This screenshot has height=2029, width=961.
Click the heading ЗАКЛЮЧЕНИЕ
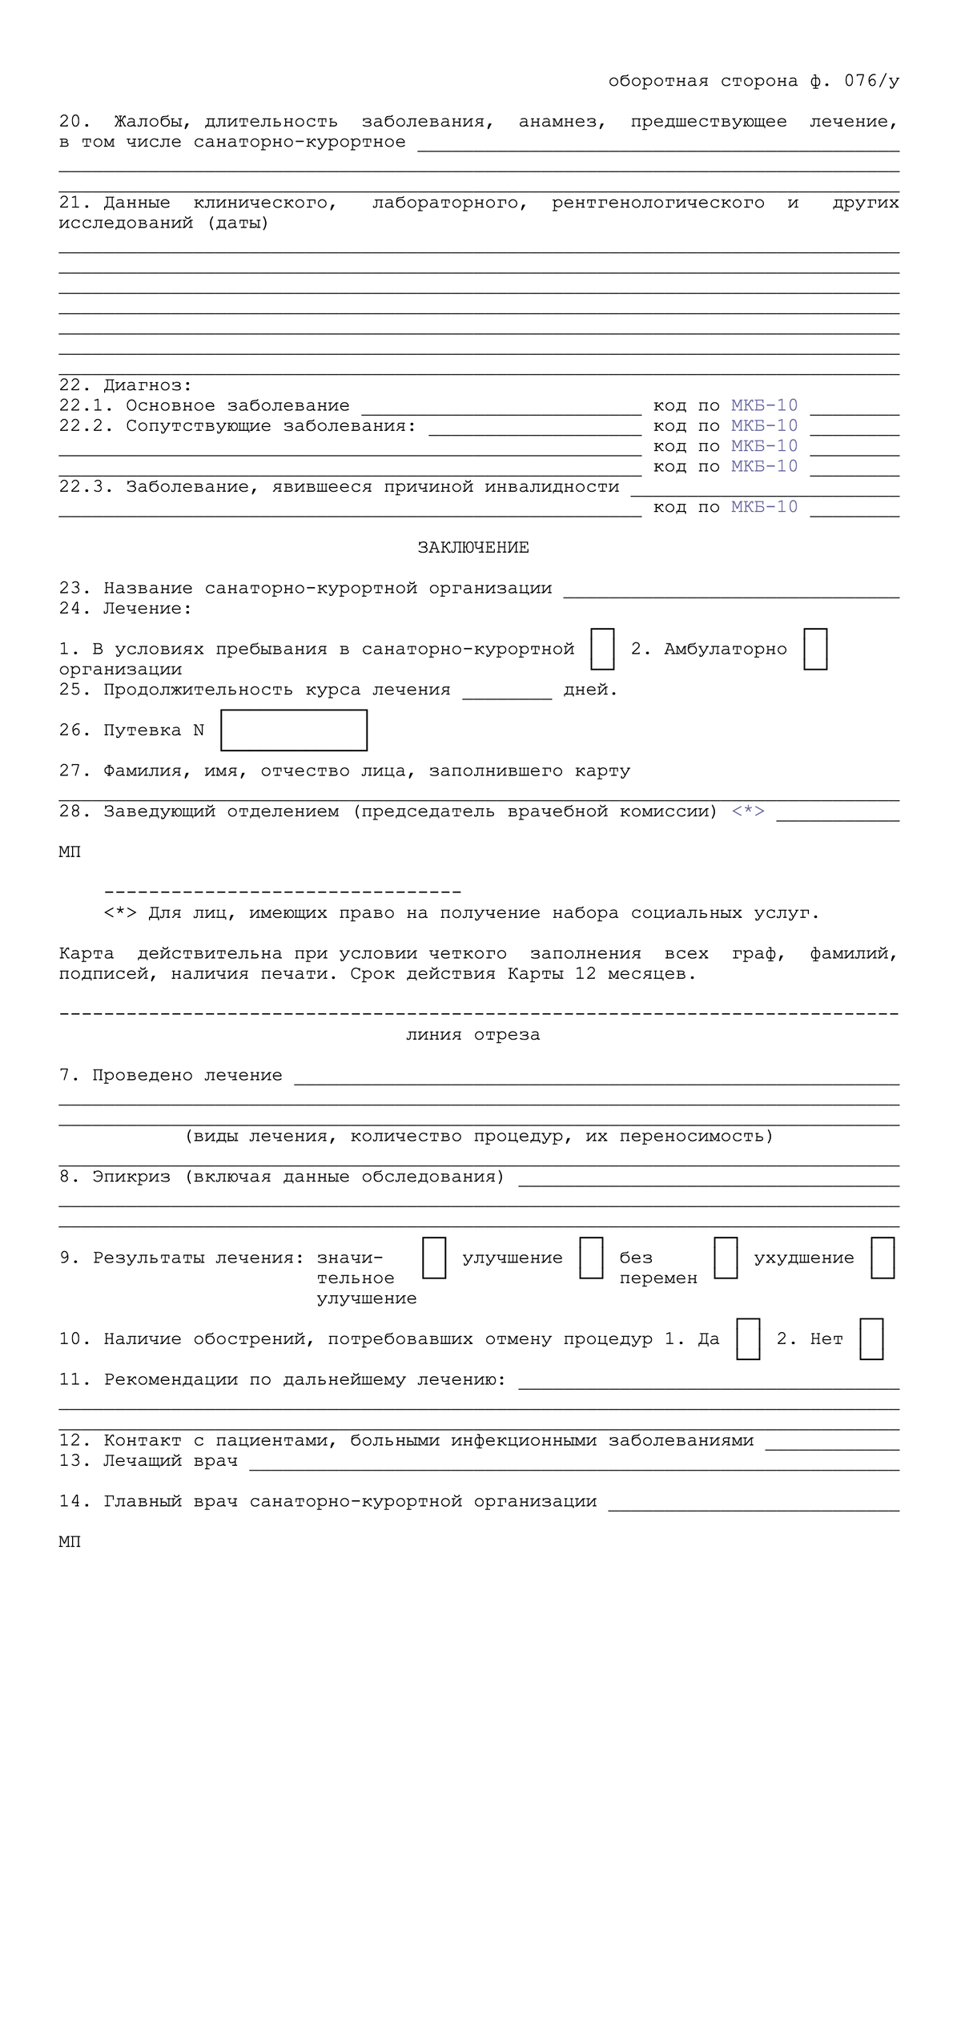(x=473, y=548)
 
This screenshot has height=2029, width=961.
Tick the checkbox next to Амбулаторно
(x=815, y=649)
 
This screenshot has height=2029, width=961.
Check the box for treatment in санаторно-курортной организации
(x=602, y=649)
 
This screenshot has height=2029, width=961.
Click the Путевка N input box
(x=294, y=730)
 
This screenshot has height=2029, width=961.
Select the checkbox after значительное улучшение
(x=434, y=1258)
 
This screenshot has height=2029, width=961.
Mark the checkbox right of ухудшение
(x=883, y=1258)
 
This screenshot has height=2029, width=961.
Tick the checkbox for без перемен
(x=726, y=1258)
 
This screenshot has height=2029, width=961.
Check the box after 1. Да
(x=748, y=1339)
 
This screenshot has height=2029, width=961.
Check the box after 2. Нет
(x=871, y=1339)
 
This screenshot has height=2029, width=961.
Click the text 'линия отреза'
(x=473, y=1035)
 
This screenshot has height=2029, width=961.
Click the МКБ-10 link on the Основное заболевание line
(x=764, y=406)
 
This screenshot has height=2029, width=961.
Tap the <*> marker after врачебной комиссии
(x=748, y=811)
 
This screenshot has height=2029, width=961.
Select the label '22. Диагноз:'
(x=126, y=386)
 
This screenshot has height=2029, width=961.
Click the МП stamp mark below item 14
(x=70, y=1542)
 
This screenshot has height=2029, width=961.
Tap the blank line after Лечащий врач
(x=573, y=1463)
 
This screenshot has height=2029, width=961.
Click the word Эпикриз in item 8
(x=131, y=1177)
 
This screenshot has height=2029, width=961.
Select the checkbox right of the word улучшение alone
(x=591, y=1258)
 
